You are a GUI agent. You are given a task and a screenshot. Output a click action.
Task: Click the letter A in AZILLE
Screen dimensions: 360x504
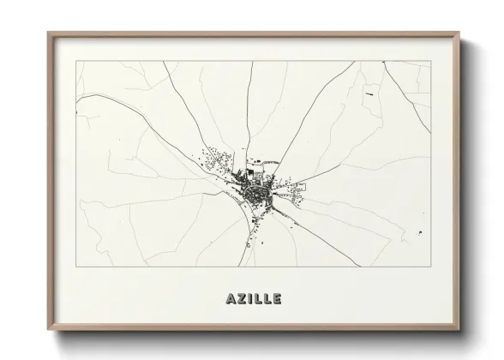click(x=231, y=299)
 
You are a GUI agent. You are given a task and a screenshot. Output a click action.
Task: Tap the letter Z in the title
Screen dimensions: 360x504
click(x=241, y=299)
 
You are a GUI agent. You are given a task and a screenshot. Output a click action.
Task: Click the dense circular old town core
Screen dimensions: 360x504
click(x=256, y=197)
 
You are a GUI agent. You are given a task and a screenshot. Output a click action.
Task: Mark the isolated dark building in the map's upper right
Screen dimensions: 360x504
click(x=369, y=93)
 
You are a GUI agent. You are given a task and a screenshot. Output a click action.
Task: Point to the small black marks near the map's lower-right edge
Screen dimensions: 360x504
click(x=420, y=233)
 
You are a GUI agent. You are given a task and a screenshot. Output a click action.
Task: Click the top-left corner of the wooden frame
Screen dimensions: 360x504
click(x=48, y=33)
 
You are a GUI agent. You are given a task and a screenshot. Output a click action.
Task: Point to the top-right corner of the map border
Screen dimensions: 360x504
click(x=430, y=61)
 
